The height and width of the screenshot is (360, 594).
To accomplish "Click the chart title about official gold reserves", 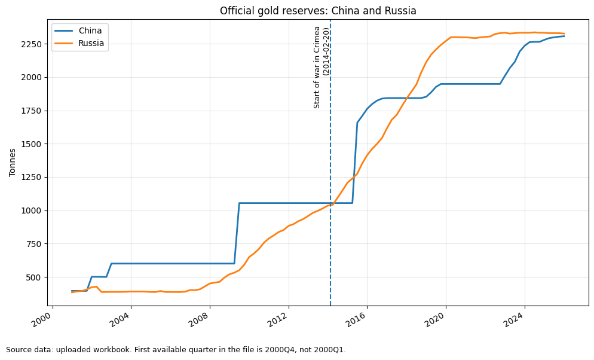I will click(318, 11).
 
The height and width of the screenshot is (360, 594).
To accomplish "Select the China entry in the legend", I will click(90, 30).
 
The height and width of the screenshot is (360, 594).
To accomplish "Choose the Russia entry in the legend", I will click(91, 43).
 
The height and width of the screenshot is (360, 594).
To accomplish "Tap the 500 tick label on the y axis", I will click(35, 277).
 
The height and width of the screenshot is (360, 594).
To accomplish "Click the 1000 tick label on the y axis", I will click(33, 210).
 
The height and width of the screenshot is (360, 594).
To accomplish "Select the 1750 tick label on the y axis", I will click(33, 111).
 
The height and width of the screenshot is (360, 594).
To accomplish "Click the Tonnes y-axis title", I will click(13, 163).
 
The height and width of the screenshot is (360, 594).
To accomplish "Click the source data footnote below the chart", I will click(176, 350).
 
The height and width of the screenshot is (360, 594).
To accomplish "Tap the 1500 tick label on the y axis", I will click(33, 144).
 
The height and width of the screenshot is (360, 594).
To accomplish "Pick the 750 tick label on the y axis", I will click(35, 244).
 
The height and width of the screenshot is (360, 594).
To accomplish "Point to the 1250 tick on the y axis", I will click(33, 178).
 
